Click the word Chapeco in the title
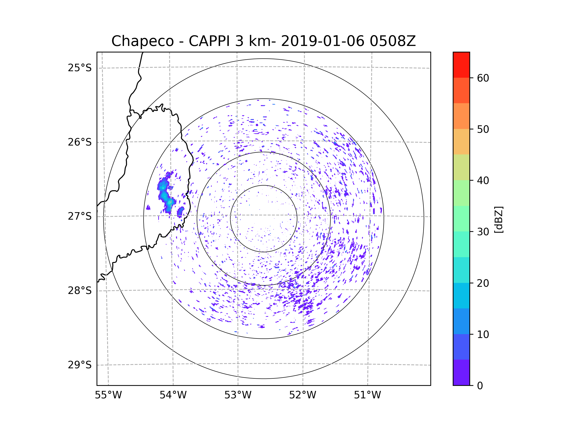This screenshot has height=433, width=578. [142, 41]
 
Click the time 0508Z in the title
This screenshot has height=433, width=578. [393, 41]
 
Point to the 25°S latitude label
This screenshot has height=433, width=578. [80, 68]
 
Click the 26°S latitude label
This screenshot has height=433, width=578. [80, 142]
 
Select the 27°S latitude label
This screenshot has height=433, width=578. [80, 216]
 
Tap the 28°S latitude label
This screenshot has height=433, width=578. [80, 291]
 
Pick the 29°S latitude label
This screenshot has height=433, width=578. [80, 365]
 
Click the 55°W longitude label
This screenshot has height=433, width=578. [108, 395]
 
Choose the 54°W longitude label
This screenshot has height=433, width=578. [173, 395]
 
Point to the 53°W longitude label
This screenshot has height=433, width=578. [238, 395]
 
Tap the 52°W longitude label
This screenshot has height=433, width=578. [302, 395]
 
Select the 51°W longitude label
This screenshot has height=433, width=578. [367, 395]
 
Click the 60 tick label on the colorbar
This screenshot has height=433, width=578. [483, 78]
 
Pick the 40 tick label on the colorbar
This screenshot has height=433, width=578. [483, 180]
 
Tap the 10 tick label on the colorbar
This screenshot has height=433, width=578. [483, 334]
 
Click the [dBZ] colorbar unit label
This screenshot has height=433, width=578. [499, 219]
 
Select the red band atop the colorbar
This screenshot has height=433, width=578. [461, 65]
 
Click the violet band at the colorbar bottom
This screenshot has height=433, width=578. [461, 372]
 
